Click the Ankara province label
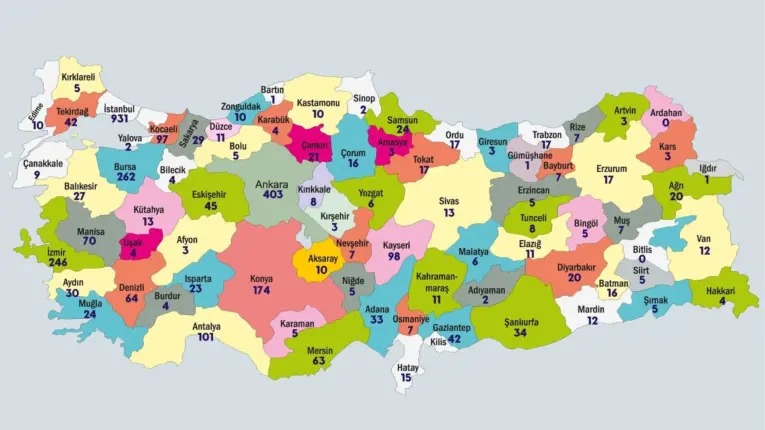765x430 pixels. click(272, 185)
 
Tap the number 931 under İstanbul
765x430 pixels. click(119, 120)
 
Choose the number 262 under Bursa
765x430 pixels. click(125, 177)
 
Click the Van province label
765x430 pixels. click(705, 239)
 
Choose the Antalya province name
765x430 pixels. click(205, 326)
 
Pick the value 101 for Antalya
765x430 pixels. click(205, 338)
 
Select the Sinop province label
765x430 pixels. click(363, 99)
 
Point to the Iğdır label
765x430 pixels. click(707, 168)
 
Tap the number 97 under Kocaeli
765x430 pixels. click(162, 139)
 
